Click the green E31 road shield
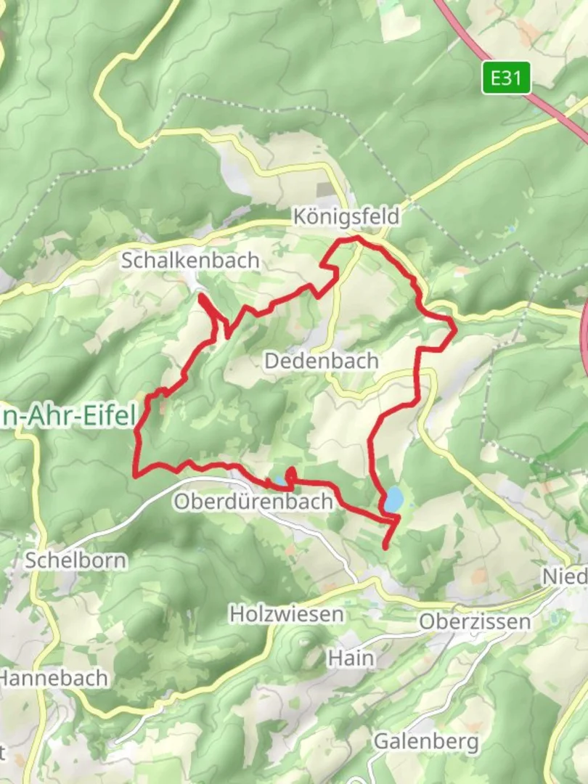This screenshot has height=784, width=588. click(x=506, y=78)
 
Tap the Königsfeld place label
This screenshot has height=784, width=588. click(x=346, y=216)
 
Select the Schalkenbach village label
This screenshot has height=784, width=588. click(x=190, y=260)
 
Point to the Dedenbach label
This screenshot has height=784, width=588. click(x=321, y=360)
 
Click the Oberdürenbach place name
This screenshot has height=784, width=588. click(x=253, y=502)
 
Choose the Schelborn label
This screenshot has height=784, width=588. click(x=75, y=560)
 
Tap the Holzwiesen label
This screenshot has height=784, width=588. click(x=287, y=614)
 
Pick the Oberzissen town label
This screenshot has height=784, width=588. click(x=475, y=621)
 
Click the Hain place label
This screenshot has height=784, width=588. click(x=351, y=658)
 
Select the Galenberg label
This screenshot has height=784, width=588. click(x=426, y=741)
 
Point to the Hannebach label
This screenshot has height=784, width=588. click(x=54, y=678)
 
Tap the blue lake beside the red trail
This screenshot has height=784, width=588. click(x=393, y=499)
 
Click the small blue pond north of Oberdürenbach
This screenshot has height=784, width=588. click(x=278, y=481)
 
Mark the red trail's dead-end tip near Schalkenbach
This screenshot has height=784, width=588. click(x=200, y=295)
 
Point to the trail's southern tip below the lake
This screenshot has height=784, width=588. click(x=385, y=547)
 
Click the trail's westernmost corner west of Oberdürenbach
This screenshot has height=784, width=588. click(x=136, y=475)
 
